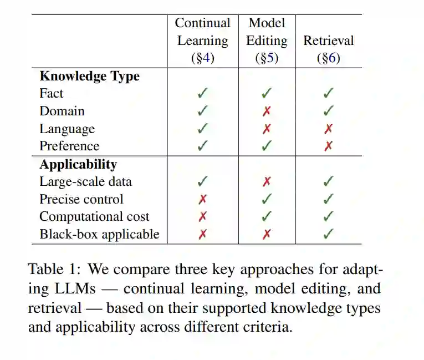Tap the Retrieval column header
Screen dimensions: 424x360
tap(328, 41)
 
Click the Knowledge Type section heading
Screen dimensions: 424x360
tap(89, 76)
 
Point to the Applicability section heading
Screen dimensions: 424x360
tap(78, 164)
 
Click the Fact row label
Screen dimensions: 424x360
tap(52, 93)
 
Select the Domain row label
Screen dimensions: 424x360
tap(62, 111)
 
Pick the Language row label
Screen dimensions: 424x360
tap(67, 129)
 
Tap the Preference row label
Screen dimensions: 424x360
tap(69, 146)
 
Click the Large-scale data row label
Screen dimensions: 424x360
tap(85, 181)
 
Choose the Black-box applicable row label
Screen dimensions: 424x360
tap(99, 234)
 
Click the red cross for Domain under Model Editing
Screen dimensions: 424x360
tap(267, 111)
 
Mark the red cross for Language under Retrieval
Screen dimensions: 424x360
tap(328, 129)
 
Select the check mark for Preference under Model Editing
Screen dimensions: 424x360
tap(267, 146)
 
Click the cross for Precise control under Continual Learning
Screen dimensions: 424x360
tap(202, 199)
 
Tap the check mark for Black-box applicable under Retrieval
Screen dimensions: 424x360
tap(328, 234)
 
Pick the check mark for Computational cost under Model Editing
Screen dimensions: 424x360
tap(267, 216)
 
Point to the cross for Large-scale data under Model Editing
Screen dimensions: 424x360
tap(267, 182)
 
